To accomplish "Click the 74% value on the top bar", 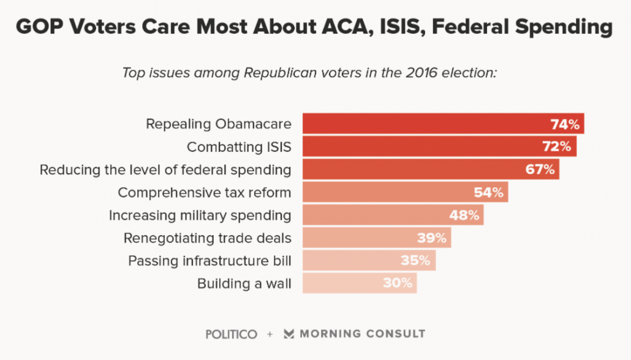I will [x=564, y=124].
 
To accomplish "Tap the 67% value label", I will [x=540, y=170].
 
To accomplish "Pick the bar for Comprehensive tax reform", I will [x=405, y=192].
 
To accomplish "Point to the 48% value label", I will [x=464, y=215].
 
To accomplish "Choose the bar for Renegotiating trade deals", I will [x=377, y=238].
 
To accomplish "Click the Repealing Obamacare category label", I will [x=218, y=124].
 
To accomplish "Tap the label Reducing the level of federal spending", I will [x=165, y=170].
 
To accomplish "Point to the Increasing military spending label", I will [x=200, y=215].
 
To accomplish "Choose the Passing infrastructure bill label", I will [x=210, y=260].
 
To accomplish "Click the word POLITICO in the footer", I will [x=232, y=334].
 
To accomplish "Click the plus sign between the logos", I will [x=270, y=334].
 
